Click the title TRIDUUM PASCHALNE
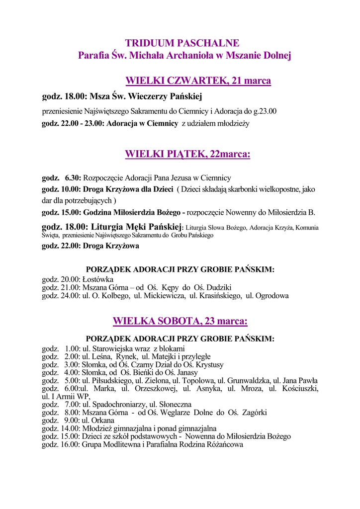(182, 43)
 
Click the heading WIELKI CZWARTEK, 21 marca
(198, 81)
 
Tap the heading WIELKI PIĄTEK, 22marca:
(187, 155)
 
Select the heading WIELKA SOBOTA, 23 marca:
(180, 321)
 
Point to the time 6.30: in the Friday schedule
(73, 177)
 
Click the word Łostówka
(98, 280)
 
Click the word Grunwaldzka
(249, 381)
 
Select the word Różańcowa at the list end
(224, 444)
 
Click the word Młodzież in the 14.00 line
(97, 428)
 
